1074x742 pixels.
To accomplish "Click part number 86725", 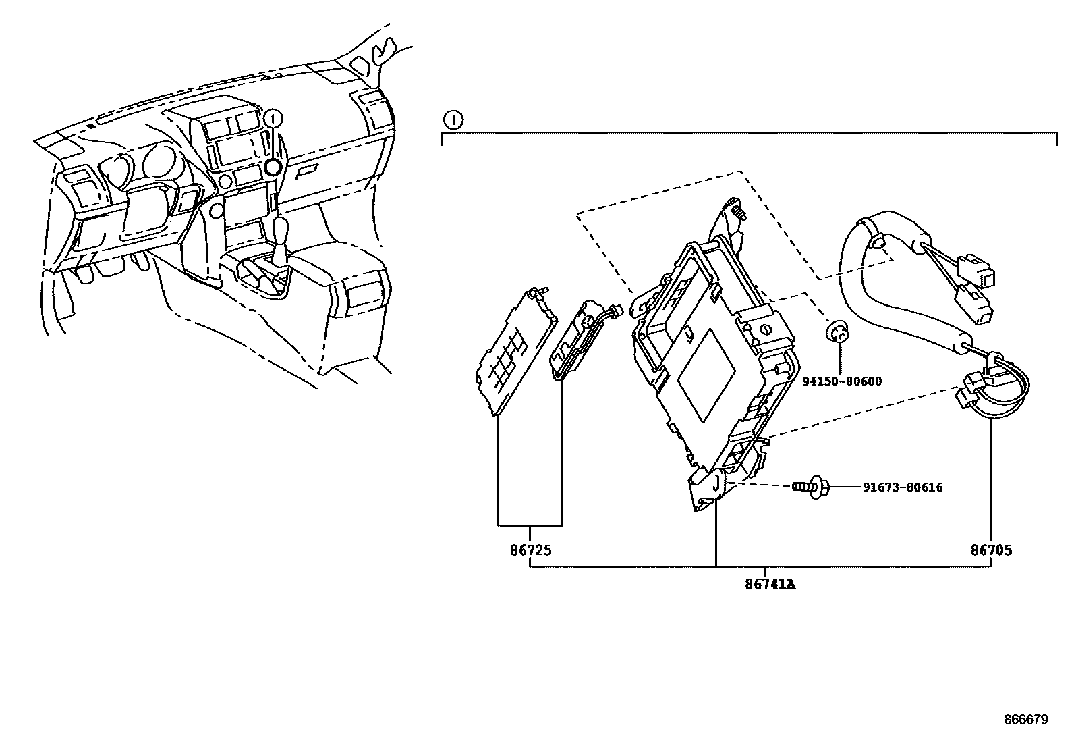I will (530, 550).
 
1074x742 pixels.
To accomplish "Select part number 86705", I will (991, 550).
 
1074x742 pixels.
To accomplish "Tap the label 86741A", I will (770, 585).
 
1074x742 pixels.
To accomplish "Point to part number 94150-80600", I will (841, 382).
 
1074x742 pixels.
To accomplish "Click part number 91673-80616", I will (902, 487).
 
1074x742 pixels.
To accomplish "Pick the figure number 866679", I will (1025, 720).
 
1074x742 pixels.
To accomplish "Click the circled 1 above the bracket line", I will (453, 121).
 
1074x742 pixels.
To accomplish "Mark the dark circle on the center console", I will (273, 168).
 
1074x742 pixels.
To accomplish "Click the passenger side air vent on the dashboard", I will (373, 109).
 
